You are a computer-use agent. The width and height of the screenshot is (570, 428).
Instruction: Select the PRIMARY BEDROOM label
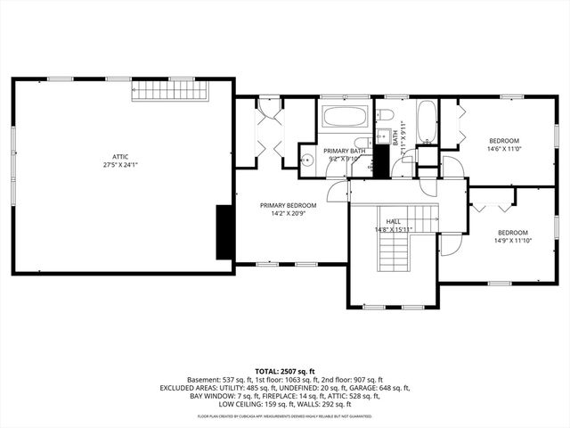coord(288,205)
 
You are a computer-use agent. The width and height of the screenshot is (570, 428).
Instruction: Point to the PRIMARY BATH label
coord(344,151)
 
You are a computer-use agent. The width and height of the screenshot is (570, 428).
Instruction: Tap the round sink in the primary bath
coord(307,160)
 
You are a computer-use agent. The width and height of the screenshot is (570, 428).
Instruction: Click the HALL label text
coord(393,221)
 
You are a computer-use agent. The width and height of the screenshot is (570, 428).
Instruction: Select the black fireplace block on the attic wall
coord(225,231)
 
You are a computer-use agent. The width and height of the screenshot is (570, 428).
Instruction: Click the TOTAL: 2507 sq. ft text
coord(284,371)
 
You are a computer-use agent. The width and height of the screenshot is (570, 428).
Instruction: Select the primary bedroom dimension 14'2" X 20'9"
coord(288,213)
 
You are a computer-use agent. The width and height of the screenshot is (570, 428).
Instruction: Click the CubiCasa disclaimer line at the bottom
coord(284,416)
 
